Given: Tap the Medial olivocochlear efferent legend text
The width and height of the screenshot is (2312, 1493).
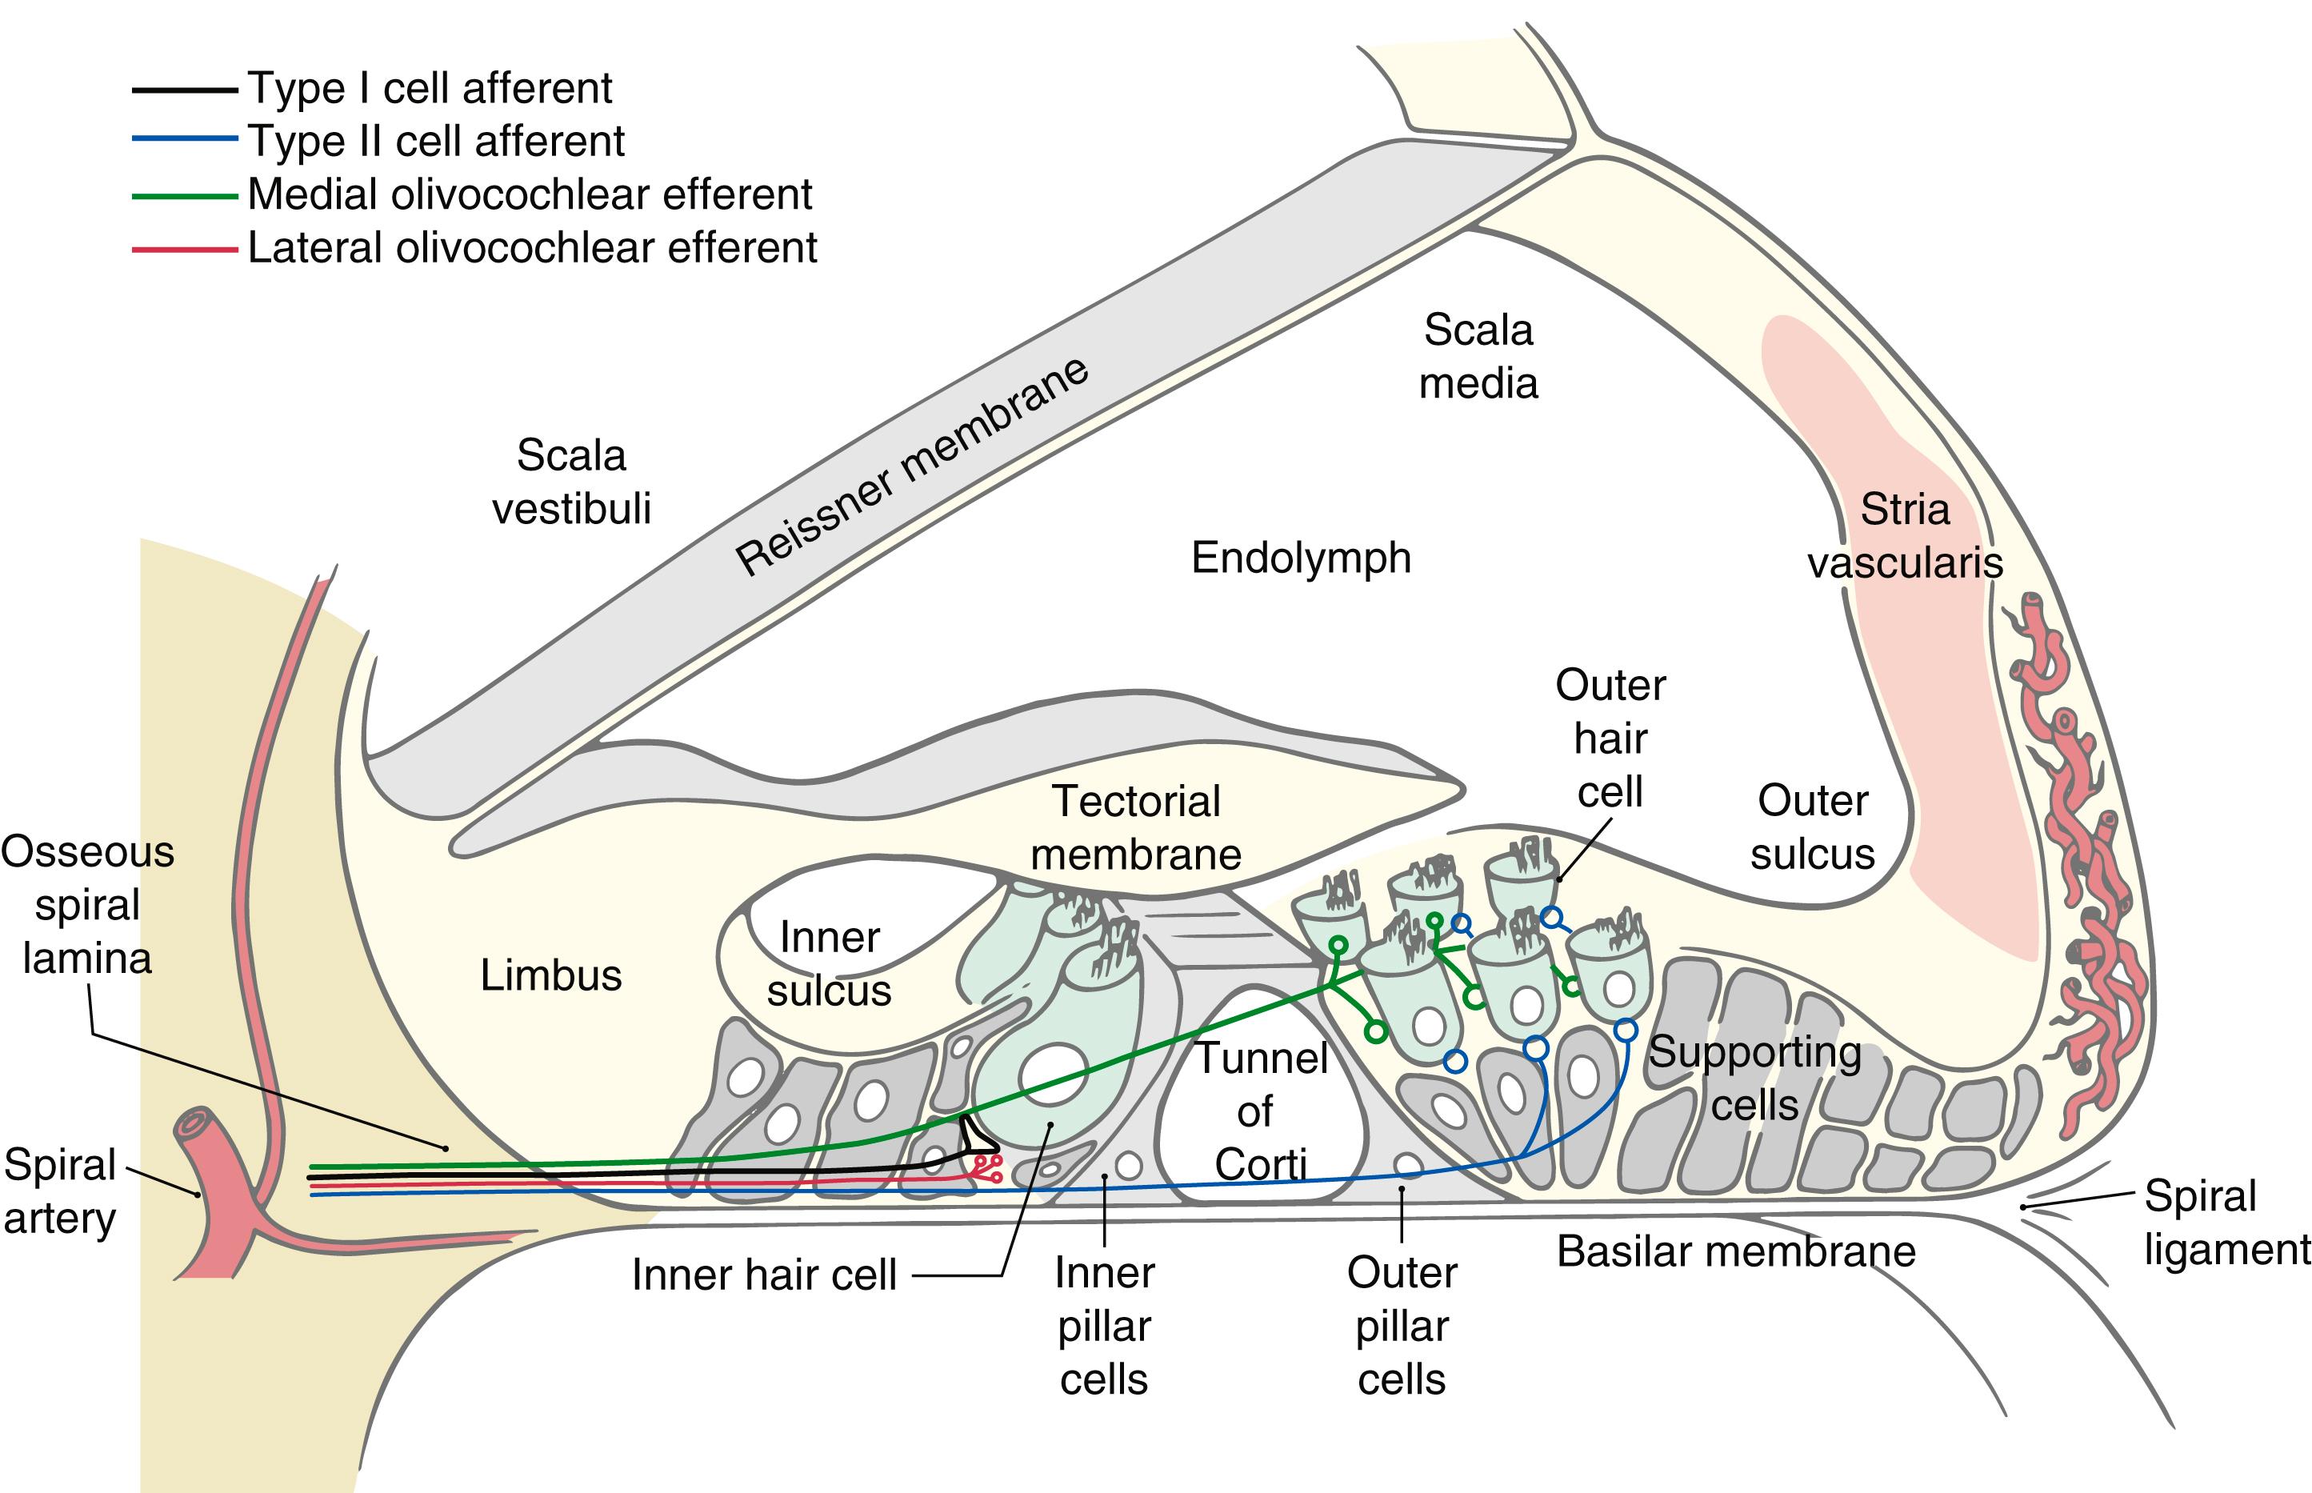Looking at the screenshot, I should (x=530, y=195).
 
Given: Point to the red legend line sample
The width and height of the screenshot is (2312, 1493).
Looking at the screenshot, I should (x=184, y=249).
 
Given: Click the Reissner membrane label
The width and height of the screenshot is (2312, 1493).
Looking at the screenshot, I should (x=911, y=466).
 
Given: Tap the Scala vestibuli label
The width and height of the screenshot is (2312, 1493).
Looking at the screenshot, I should (x=571, y=482).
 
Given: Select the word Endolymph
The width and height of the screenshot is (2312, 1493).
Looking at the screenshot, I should (x=1300, y=558).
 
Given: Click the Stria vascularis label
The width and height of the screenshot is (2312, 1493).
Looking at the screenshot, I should (x=1904, y=536).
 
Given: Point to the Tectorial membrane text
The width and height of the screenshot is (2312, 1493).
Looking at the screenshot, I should (x=1136, y=828).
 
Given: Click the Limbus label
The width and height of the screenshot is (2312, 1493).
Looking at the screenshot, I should (x=550, y=975).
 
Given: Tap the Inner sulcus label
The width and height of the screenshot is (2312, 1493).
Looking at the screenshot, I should (x=829, y=963).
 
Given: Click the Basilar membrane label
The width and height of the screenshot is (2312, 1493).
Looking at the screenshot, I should (x=1735, y=1251).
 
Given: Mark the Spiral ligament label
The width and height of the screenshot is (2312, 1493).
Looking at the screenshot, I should (x=2226, y=1223).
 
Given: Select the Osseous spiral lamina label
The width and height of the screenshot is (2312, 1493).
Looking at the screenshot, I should (x=87, y=906).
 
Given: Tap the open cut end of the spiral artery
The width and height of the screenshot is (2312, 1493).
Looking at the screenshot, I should (x=194, y=1125).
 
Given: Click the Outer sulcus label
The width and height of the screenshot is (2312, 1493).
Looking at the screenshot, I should (x=1812, y=828).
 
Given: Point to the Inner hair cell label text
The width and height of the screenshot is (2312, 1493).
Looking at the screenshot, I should (x=764, y=1275).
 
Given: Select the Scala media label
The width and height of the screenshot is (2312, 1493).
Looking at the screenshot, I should (x=1478, y=357).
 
